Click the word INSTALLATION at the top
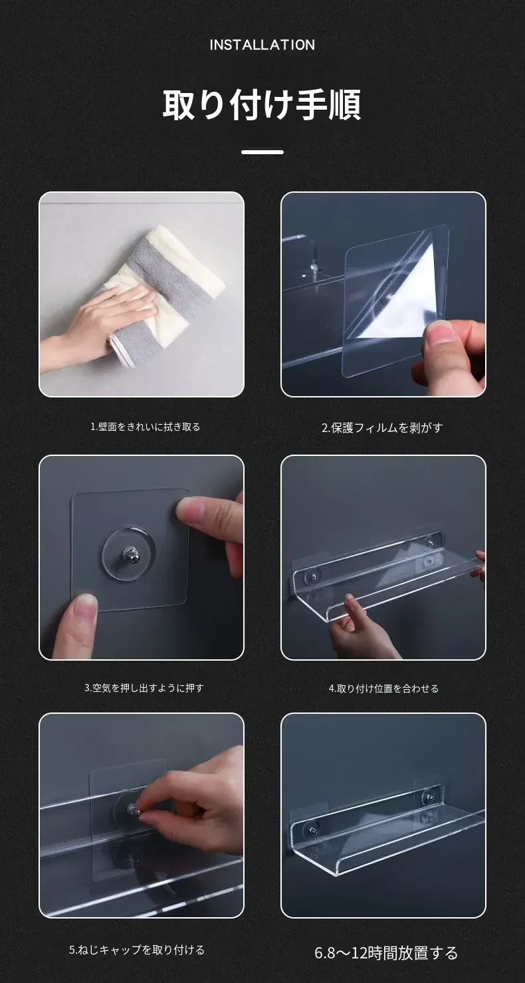pos(262,45)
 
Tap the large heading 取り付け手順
pos(262,104)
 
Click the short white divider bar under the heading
pos(262,152)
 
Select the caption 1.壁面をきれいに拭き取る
pos(146,427)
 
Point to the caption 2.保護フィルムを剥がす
pos(382,427)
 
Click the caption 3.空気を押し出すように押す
pos(144,688)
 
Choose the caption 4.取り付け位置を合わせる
pos(383,688)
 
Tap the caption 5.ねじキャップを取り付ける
pos(137,950)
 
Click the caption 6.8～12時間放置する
pos(386,952)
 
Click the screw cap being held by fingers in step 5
pos(134,810)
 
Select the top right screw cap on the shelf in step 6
pos(427,795)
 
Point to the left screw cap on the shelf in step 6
pos(312,830)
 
